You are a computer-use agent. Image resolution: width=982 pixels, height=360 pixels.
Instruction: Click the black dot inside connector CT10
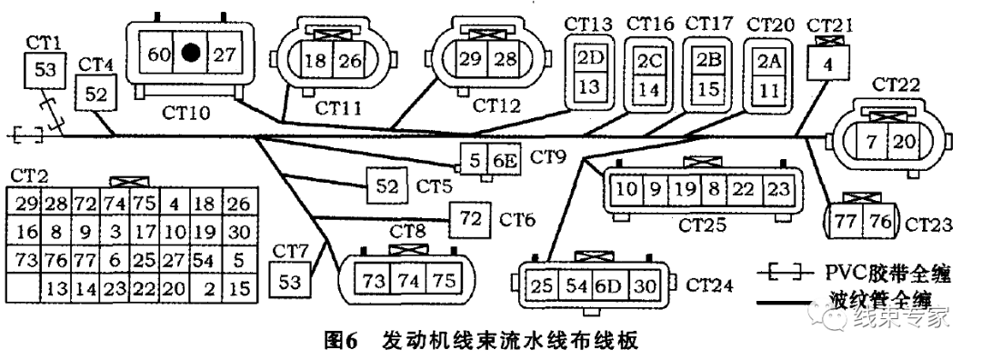coord(190,54)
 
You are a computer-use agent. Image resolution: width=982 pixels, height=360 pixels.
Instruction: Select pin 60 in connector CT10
coord(158,54)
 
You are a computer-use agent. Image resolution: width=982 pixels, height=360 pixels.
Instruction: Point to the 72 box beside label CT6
coord(470,217)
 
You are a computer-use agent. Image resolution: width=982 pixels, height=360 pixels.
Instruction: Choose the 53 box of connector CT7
coord(290,281)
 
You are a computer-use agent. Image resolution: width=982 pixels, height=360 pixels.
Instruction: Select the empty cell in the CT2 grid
coord(24,289)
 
